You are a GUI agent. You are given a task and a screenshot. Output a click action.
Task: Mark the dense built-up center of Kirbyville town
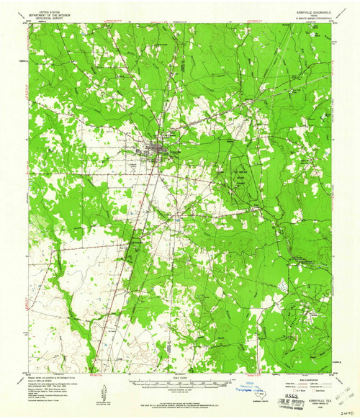click(156, 149)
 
